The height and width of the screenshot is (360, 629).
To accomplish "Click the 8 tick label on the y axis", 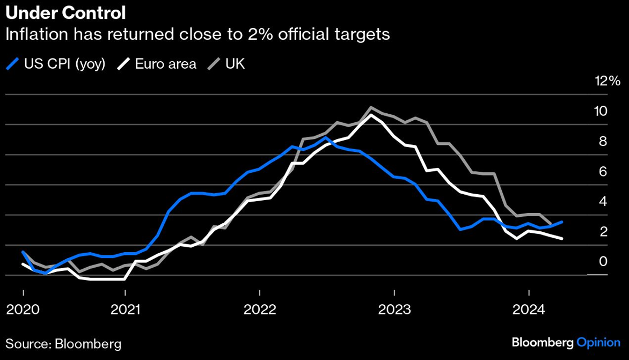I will [x=603, y=142].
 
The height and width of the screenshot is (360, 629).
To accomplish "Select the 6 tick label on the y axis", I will [x=603, y=172].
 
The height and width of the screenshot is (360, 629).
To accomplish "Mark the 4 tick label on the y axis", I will [x=603, y=202].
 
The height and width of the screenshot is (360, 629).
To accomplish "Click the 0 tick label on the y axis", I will [x=603, y=262].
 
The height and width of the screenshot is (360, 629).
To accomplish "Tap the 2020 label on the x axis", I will [x=23, y=310].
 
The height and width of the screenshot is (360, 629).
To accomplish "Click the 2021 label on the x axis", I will [x=125, y=310].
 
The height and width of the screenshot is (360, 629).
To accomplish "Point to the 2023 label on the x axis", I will [x=394, y=310].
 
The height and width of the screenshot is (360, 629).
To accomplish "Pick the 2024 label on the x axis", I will [x=529, y=310].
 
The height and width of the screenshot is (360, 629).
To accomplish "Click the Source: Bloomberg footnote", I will [x=63, y=343].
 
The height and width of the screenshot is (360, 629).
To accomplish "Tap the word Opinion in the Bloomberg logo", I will [x=598, y=342].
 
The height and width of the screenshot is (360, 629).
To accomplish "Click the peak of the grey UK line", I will [x=371, y=108].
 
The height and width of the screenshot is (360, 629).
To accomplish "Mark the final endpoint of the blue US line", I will [x=562, y=222].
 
